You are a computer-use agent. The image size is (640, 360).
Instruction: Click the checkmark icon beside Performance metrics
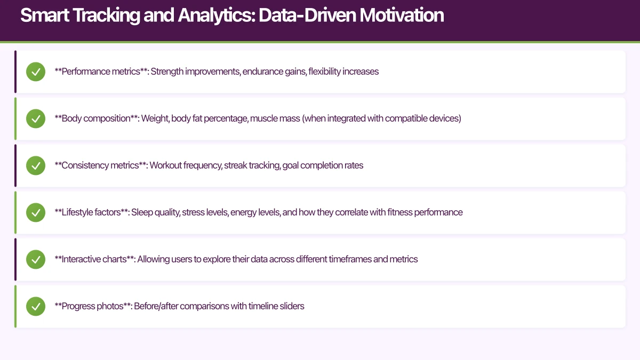click(36, 71)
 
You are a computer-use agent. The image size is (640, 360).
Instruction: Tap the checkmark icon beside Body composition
click(36, 118)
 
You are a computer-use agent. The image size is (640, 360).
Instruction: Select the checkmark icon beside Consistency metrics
click(36, 165)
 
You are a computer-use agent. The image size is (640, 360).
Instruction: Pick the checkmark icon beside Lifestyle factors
click(36, 212)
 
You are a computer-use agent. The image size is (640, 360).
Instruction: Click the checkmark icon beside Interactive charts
click(36, 259)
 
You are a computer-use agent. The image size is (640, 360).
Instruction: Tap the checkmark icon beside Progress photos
click(36, 306)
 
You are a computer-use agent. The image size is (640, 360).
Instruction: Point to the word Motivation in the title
click(401, 15)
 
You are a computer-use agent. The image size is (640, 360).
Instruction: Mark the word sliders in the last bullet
click(291, 306)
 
